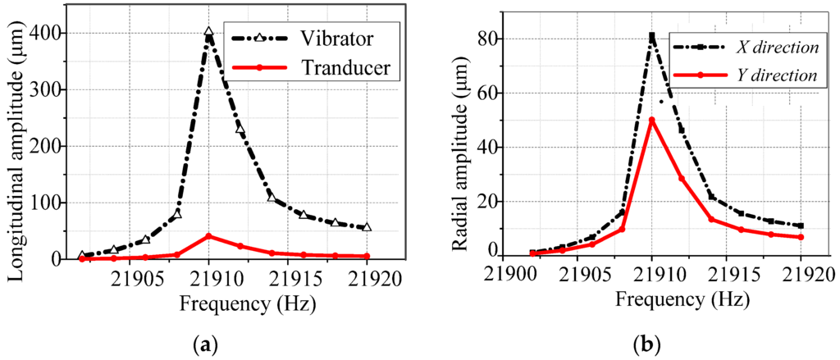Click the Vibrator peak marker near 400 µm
tap(208, 33)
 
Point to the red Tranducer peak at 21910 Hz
tap(208, 236)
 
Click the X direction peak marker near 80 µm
tap(652, 36)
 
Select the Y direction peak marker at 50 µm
tap(652, 121)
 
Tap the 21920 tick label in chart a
tap(367, 277)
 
